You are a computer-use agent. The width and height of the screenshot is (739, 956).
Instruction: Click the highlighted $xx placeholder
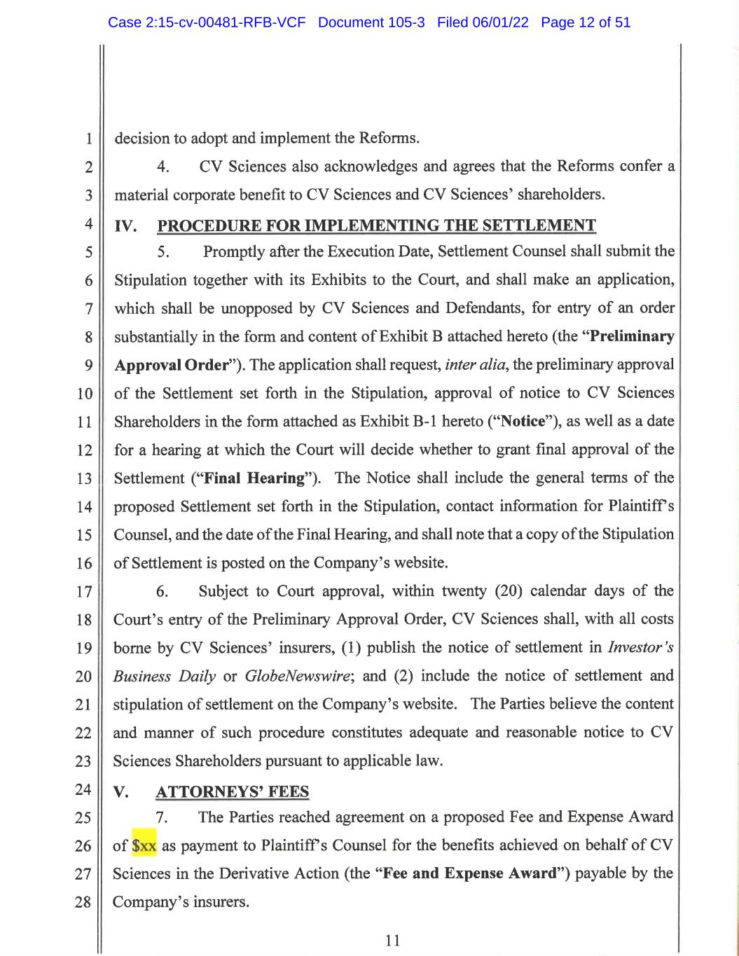coord(144,845)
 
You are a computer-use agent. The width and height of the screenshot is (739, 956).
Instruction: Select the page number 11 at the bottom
coord(393,940)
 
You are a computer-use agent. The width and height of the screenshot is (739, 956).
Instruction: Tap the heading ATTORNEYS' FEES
coord(232,791)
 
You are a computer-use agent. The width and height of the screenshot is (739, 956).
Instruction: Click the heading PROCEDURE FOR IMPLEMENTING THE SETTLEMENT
coord(377,226)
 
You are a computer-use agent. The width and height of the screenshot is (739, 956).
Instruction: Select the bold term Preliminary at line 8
coord(633,336)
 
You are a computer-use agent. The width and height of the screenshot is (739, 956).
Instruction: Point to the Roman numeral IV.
coord(125,226)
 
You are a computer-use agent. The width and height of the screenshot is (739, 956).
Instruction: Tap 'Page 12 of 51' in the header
coord(586,22)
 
